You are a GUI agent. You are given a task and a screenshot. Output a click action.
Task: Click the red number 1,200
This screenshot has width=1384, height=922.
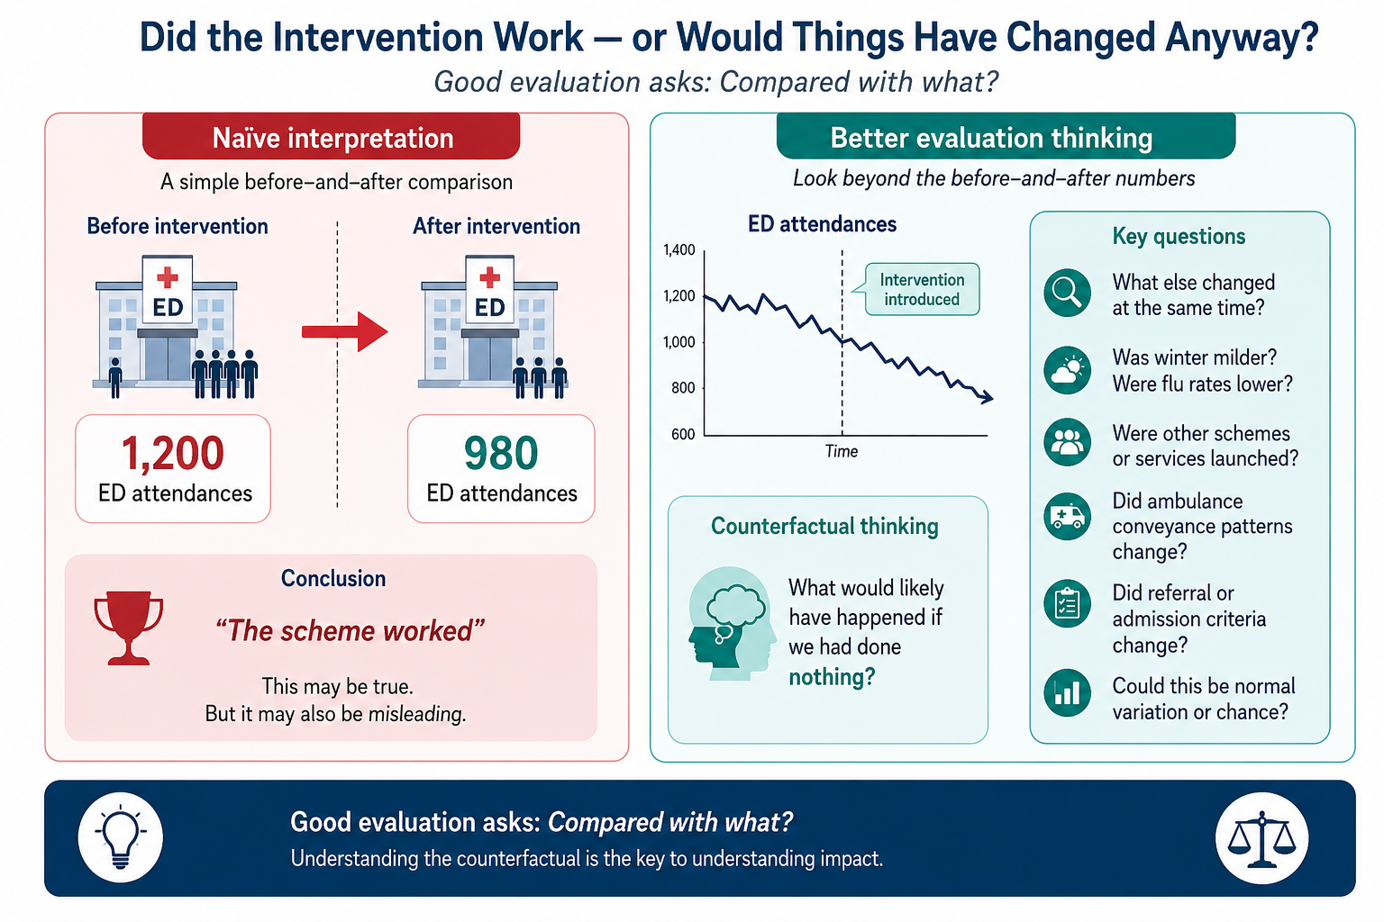pyautogui.click(x=172, y=454)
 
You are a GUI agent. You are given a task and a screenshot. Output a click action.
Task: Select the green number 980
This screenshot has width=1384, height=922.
pyautogui.click(x=501, y=453)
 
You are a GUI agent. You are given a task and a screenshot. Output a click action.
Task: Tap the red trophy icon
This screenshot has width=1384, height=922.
pyautogui.click(x=129, y=628)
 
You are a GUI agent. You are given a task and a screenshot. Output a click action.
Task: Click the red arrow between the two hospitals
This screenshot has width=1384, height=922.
pyautogui.click(x=345, y=331)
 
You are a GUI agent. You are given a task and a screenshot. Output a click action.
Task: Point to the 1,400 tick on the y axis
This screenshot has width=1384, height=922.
pyautogui.click(x=679, y=250)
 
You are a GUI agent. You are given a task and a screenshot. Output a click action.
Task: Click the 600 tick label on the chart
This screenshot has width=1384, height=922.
pyautogui.click(x=683, y=434)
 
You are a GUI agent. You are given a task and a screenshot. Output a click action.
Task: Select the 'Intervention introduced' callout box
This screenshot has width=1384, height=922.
pyautogui.click(x=922, y=290)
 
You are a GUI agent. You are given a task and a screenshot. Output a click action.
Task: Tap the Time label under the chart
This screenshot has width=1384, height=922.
pyautogui.click(x=842, y=451)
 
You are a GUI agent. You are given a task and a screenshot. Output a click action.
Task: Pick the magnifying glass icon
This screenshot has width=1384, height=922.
pyautogui.click(x=1067, y=292)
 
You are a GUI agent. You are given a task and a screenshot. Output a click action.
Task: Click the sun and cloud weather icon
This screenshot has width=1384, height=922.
pyautogui.click(x=1067, y=371)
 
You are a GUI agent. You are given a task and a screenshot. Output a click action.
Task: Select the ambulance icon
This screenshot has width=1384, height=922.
pyautogui.click(x=1067, y=517)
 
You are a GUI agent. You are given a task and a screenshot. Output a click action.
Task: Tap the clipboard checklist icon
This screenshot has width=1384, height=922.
pyautogui.click(x=1067, y=604)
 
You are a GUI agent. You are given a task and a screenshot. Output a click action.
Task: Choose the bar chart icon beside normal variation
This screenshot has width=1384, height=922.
pyautogui.click(x=1067, y=693)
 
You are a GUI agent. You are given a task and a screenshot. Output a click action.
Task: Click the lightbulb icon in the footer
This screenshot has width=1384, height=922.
pyautogui.click(x=121, y=837)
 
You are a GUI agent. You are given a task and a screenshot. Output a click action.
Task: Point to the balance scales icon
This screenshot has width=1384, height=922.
pyautogui.click(x=1261, y=838)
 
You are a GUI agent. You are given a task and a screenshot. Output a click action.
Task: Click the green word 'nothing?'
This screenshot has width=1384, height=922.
pyautogui.click(x=832, y=677)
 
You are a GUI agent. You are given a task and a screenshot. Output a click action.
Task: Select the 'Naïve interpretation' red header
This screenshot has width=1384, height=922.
pyautogui.click(x=332, y=137)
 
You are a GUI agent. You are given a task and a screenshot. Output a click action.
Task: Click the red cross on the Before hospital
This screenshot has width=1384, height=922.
pyautogui.click(x=167, y=277)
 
